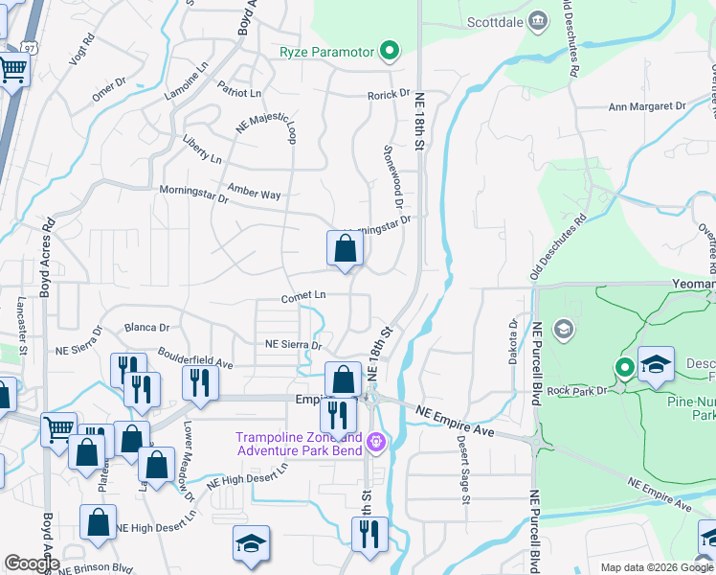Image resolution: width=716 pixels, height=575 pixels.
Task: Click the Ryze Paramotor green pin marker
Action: coord(389,51)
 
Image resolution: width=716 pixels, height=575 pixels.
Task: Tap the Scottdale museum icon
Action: coord(538,20)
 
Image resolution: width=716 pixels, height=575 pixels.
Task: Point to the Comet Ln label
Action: coord(303,297)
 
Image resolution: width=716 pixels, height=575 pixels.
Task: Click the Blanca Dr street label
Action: coord(146,327)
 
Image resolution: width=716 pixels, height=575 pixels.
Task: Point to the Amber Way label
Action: coord(254,193)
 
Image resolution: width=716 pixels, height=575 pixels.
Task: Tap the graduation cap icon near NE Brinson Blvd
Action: coord(251,544)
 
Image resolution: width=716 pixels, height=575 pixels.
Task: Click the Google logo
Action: coord(31,563)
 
